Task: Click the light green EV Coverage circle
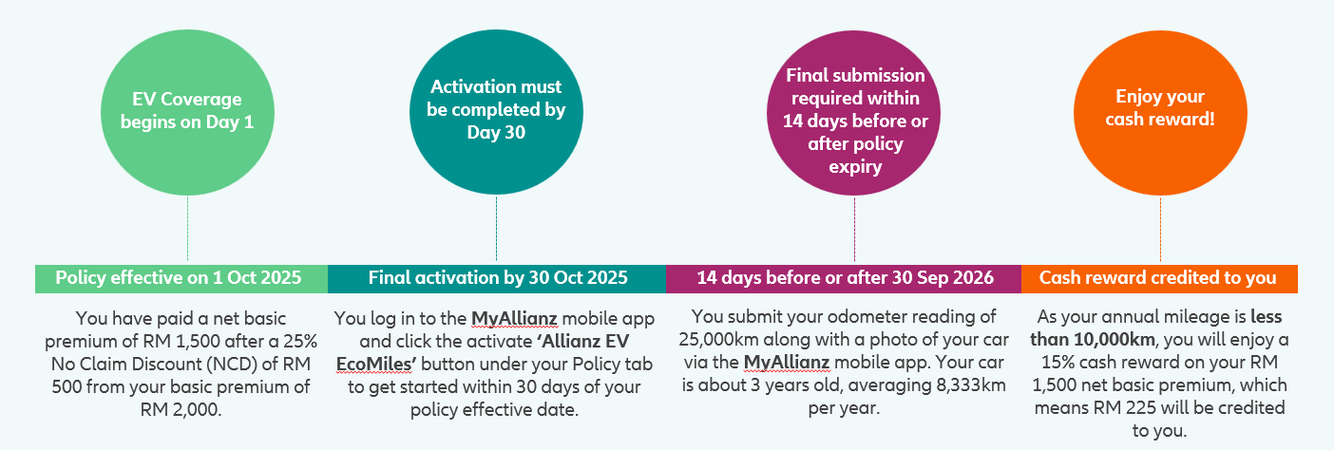pos(187,112)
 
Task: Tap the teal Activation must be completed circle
pos(496,112)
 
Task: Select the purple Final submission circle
pos(853,113)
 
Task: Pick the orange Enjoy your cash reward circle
pos(1160,113)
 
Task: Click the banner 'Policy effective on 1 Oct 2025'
pos(181,278)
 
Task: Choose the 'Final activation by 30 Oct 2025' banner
pos(497,278)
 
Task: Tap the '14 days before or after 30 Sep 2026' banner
pos(844,278)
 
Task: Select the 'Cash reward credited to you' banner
pos(1159,278)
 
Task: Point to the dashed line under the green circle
pos(187,229)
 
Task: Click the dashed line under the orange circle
pos(1160,230)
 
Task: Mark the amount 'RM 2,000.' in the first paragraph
pos(181,409)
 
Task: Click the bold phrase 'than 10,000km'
pos(1093,339)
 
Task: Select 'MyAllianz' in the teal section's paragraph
pos(515,318)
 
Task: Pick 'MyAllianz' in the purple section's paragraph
pos(787,362)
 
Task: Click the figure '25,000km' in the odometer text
pos(718,339)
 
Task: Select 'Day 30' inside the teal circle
pos(496,132)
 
